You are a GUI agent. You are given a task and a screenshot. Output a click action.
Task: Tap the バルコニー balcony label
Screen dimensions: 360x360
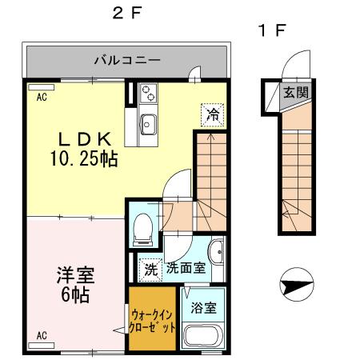(x=127, y=60)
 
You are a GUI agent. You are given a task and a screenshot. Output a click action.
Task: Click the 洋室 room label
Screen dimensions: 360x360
(x=74, y=276)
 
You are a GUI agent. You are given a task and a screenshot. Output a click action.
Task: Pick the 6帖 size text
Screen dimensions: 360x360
(x=74, y=294)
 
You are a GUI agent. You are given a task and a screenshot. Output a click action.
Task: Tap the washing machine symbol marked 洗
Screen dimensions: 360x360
(x=150, y=269)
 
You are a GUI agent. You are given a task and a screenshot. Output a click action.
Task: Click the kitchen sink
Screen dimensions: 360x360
(x=149, y=124)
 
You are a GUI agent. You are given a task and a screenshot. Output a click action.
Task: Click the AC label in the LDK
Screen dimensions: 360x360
(x=41, y=93)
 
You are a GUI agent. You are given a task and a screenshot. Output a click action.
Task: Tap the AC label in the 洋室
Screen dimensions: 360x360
(x=41, y=335)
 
